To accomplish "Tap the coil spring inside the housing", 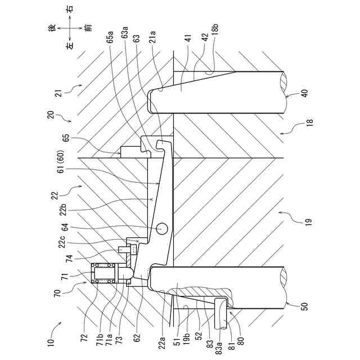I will (x=107, y=274).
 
